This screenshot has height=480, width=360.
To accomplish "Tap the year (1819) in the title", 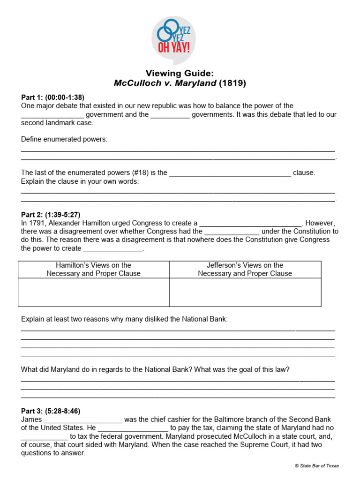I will click(x=232, y=83).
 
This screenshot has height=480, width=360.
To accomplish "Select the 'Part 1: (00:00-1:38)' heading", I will click(x=52, y=97).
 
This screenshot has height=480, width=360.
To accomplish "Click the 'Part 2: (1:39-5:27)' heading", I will click(x=54, y=215).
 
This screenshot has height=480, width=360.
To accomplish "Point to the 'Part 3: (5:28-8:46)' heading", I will click(x=51, y=411).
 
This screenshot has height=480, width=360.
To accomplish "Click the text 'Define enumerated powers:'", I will click(x=64, y=140).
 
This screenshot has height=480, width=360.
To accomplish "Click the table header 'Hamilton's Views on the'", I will click(x=94, y=265).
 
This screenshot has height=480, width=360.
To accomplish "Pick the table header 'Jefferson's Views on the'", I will click(x=245, y=265).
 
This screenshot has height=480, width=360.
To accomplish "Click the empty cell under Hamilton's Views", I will click(x=94, y=292).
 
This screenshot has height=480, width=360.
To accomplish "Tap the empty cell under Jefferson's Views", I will click(x=245, y=292).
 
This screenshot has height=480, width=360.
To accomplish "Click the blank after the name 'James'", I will click(x=83, y=420).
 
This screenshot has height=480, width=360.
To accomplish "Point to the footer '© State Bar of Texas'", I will click(x=316, y=465).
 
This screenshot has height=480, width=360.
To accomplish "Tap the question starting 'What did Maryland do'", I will click(x=155, y=370).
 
